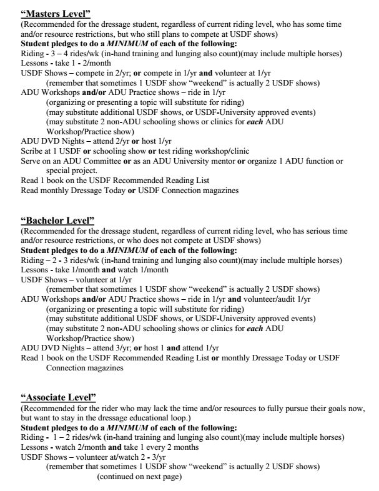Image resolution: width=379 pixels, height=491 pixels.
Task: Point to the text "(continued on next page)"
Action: (139, 477)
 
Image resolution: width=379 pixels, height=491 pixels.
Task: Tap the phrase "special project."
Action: (72, 170)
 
